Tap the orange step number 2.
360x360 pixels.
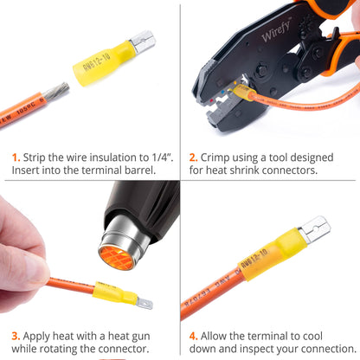194,157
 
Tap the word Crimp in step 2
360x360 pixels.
222,157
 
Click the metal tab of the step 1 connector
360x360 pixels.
143,40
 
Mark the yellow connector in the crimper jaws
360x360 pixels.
243,90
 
